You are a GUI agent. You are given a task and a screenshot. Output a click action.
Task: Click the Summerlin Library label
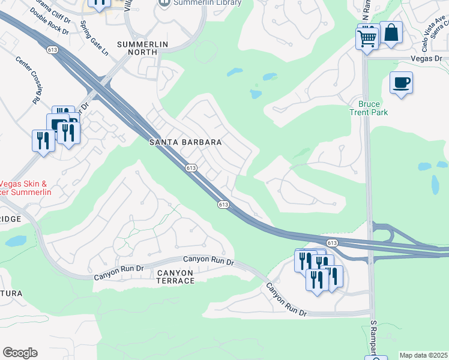pos(206,3)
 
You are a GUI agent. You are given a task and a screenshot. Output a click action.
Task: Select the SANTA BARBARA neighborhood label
pos(185,143)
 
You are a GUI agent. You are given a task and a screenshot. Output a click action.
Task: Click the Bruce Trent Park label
pos(369,108)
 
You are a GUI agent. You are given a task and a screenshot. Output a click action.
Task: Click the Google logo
pos(20,353)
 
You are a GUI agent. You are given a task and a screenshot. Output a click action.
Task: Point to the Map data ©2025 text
pos(424,355)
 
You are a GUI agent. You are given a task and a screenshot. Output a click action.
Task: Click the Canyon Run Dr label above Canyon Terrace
pos(208,260)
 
